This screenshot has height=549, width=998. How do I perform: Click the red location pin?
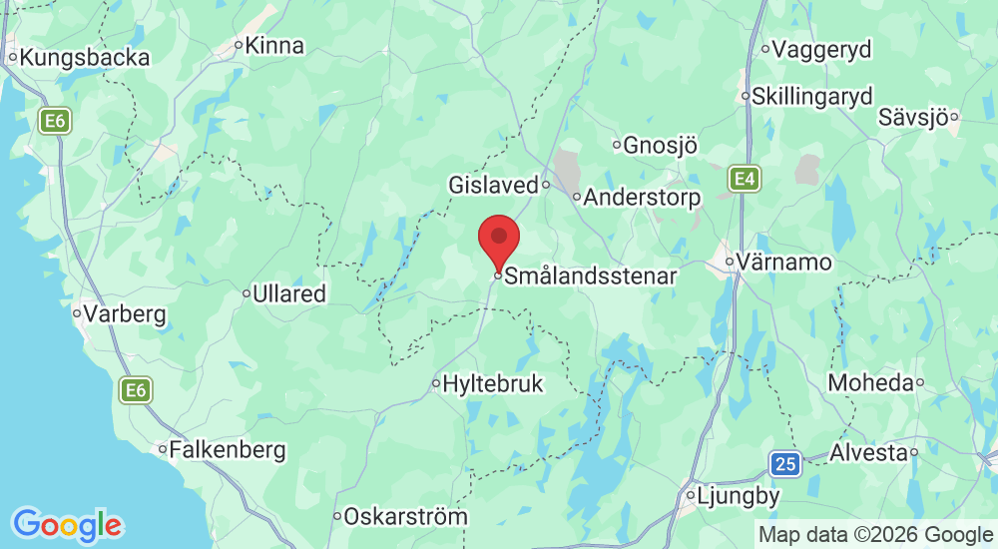[499, 241]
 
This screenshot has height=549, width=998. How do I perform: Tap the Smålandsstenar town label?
[591, 276]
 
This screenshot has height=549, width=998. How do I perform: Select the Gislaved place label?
[493, 185]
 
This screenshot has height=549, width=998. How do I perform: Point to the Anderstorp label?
[642, 198]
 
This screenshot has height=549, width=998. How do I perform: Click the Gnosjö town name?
[660, 146]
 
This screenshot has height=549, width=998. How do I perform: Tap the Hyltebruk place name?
[493, 383]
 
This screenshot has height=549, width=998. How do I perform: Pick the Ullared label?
[289, 294]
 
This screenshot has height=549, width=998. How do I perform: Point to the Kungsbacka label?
[85, 58]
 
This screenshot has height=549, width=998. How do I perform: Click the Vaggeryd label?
[822, 49]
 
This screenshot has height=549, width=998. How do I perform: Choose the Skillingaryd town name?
[812, 97]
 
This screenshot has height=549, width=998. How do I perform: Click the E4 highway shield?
[743, 179]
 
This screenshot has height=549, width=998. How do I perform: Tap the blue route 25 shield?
[785, 462]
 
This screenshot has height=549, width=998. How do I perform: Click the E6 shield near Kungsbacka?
[54, 122]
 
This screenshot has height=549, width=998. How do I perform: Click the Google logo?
[67, 524]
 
